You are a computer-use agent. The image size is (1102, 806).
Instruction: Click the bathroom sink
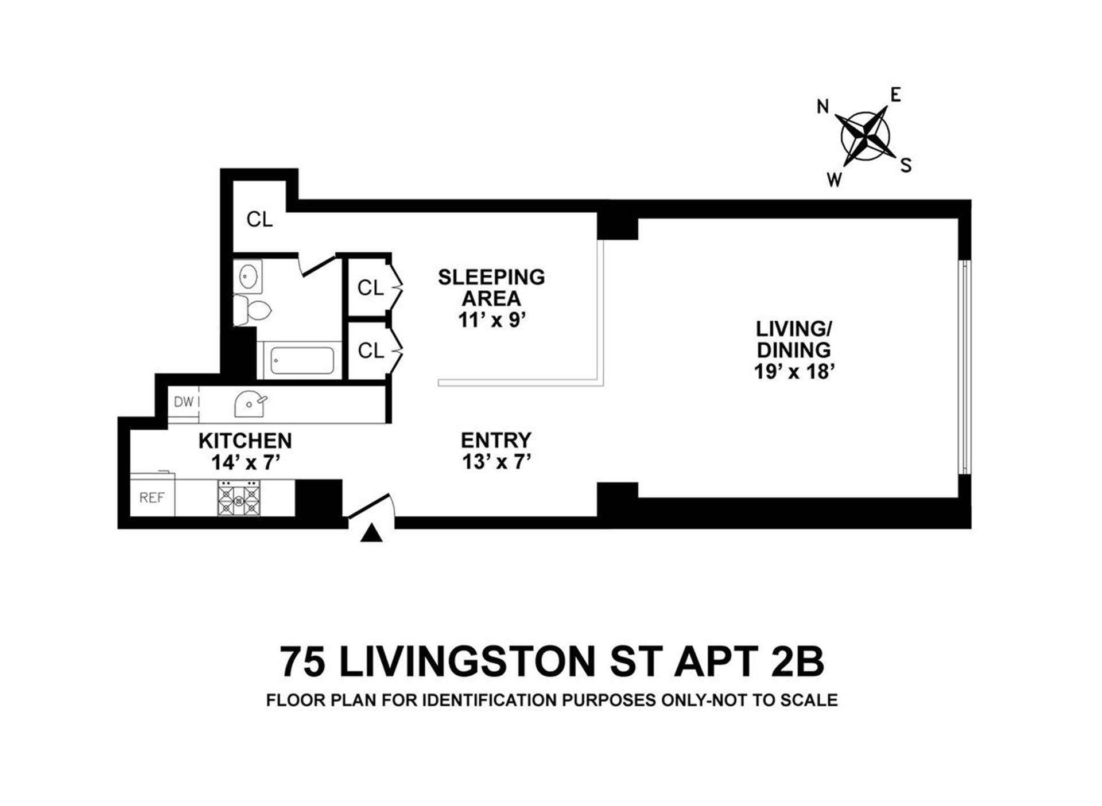[x=248, y=277]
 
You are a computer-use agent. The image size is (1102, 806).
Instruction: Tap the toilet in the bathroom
[x=252, y=310]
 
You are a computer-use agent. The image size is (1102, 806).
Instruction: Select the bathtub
[x=302, y=361]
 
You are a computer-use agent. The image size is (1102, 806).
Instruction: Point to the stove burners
[x=239, y=498]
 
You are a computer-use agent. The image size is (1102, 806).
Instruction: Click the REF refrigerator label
[x=152, y=498]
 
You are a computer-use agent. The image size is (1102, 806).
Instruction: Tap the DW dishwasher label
[x=184, y=402]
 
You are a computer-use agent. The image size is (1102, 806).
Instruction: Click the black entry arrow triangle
[x=371, y=534]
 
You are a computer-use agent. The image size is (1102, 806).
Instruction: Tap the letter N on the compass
[x=823, y=106]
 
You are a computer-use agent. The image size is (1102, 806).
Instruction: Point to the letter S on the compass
[x=906, y=165]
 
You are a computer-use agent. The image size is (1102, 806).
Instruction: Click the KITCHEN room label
[x=245, y=441]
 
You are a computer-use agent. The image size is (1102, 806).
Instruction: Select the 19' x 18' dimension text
[x=794, y=372]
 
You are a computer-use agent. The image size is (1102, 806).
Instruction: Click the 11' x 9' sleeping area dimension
[x=492, y=320]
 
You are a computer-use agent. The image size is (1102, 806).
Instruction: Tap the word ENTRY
[x=496, y=440]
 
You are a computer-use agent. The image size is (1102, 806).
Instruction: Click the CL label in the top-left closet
[x=259, y=219]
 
